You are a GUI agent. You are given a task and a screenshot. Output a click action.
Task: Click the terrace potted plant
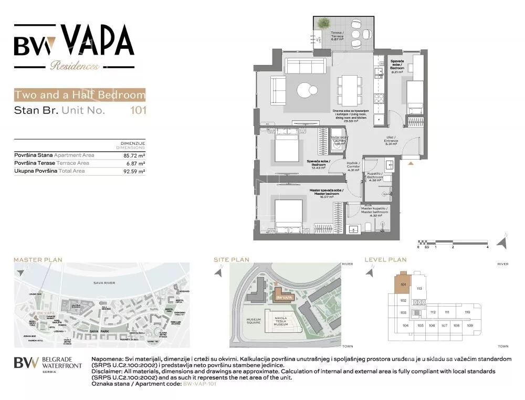(x=324, y=23)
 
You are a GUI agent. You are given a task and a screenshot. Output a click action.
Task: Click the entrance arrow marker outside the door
(x=411, y=163)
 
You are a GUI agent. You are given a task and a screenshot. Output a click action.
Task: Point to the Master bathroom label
(x=374, y=212)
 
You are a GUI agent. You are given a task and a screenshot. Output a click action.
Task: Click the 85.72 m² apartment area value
(x=134, y=155)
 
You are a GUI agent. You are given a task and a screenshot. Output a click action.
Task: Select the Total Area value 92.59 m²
(x=134, y=171)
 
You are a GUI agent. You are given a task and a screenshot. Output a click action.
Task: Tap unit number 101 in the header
(x=138, y=111)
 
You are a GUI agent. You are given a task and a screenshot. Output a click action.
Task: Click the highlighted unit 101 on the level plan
(x=403, y=284)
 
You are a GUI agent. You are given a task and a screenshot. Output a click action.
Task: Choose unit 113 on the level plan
(x=419, y=289)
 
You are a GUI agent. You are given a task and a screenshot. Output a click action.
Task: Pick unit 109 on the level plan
(x=469, y=326)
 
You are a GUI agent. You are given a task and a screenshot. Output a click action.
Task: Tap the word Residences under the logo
(x=75, y=66)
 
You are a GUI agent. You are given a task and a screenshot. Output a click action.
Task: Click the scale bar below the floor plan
(x=453, y=242)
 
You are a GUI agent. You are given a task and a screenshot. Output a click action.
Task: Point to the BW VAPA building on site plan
(x=283, y=297)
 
